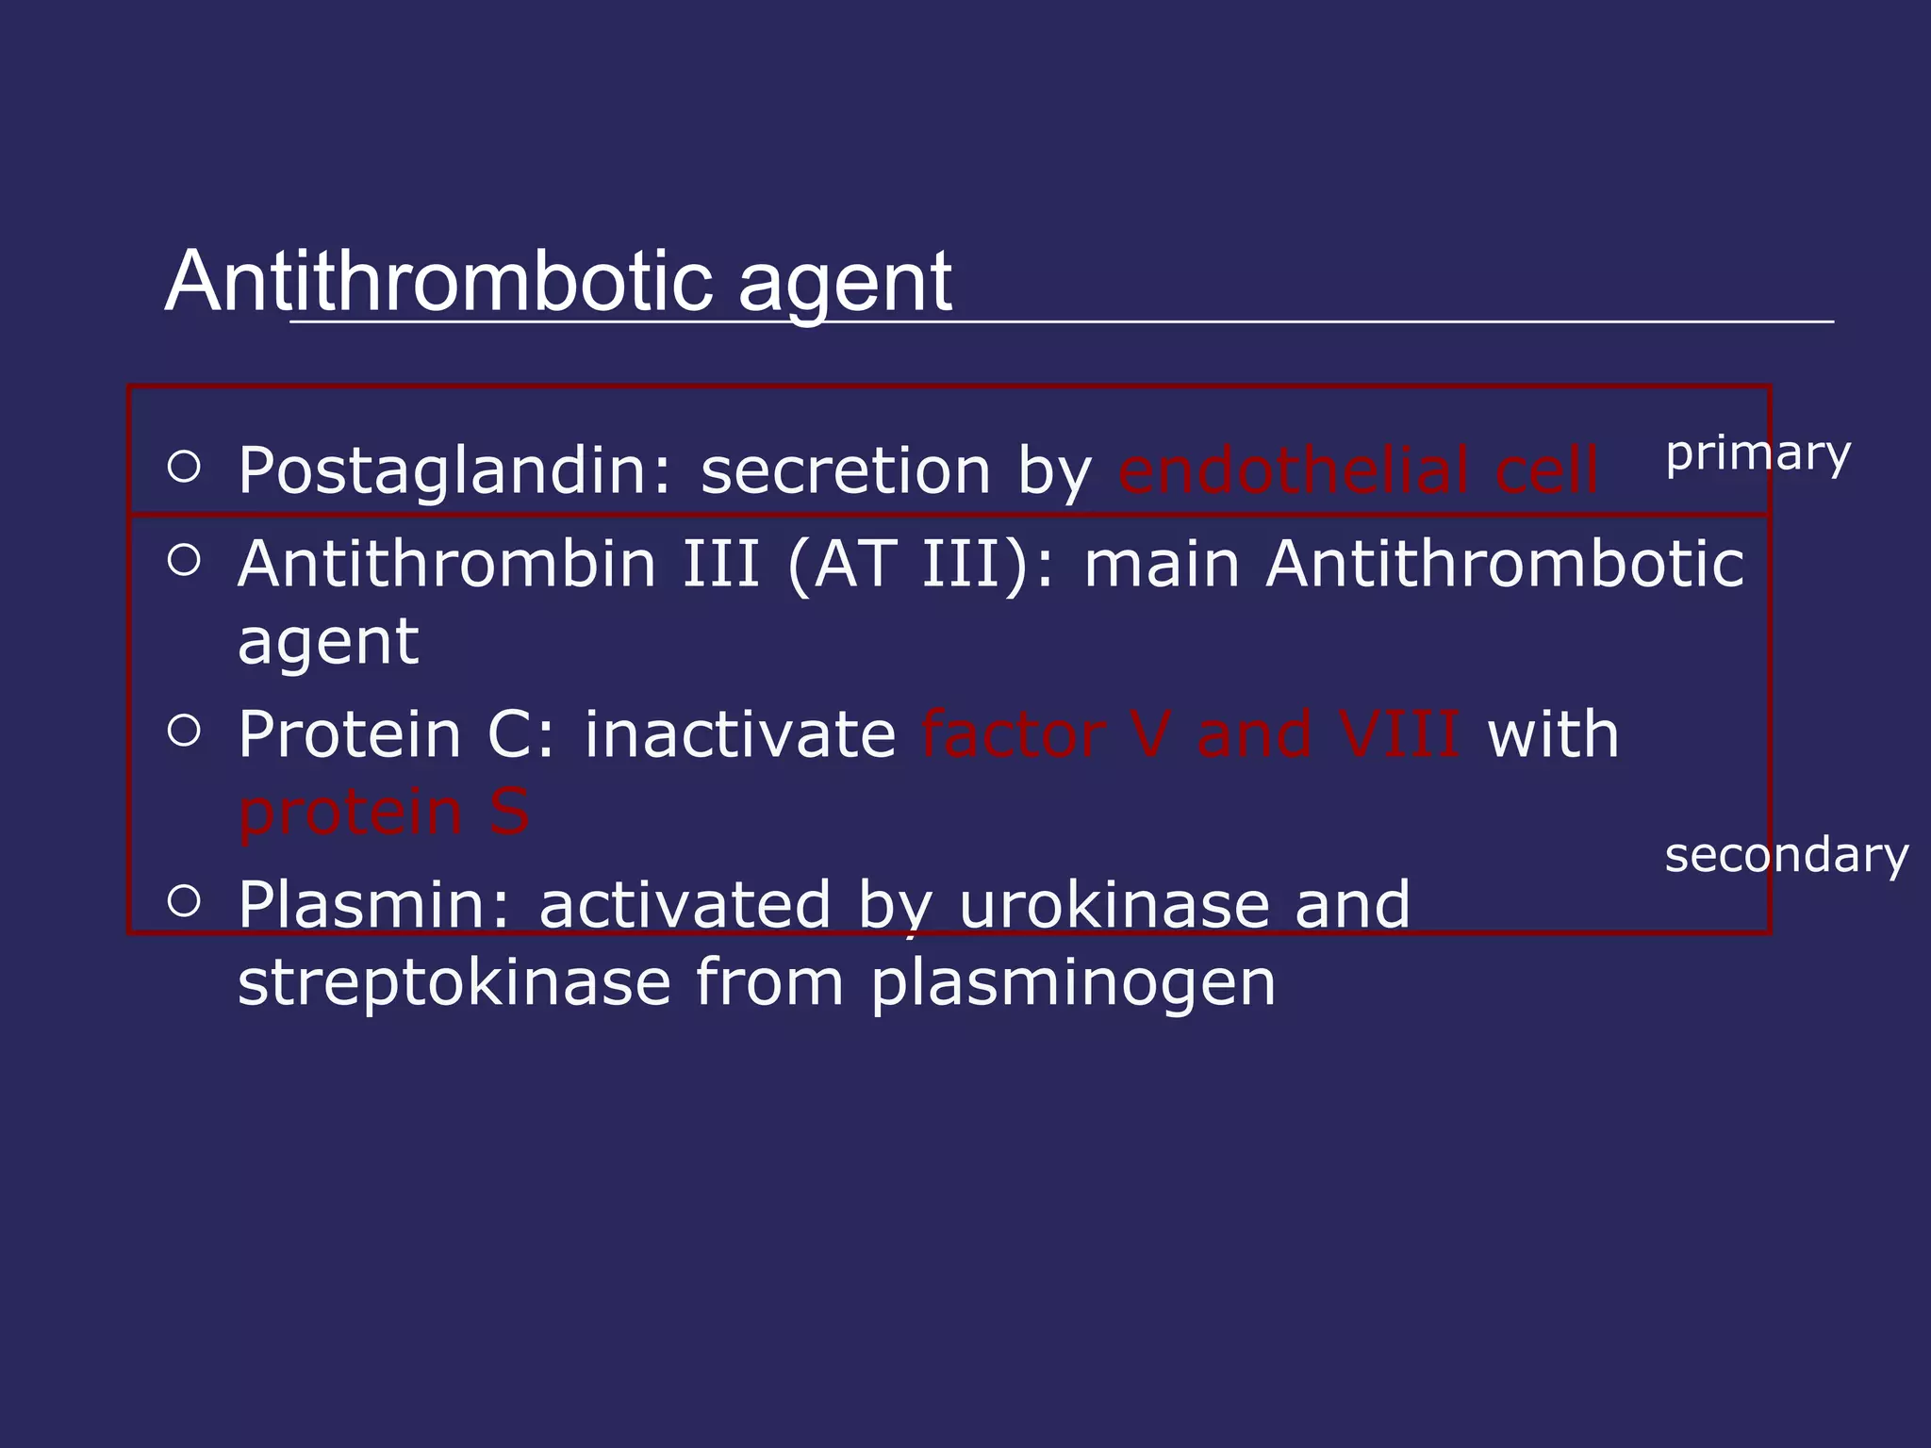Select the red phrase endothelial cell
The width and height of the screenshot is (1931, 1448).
1358,469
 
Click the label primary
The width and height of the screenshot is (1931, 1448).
1758,453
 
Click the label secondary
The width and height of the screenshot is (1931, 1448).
1786,855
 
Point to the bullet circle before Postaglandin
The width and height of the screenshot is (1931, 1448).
185,466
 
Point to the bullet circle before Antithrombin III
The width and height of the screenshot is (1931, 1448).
185,560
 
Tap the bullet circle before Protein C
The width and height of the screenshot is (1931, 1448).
185,731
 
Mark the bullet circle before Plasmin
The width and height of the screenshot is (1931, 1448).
185,900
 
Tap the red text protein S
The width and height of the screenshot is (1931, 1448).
383,812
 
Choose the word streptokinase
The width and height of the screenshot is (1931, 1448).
454,982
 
